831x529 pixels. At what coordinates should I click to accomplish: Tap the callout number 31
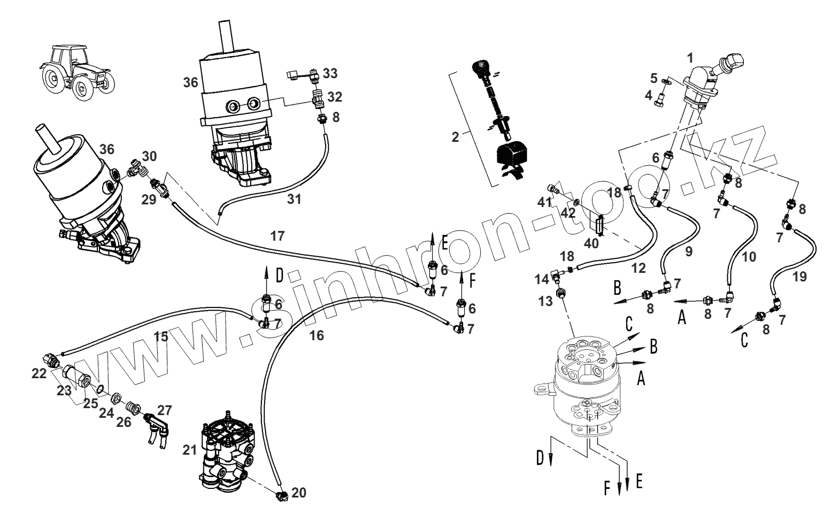click(x=294, y=200)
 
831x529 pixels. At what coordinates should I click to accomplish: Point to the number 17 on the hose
click(x=278, y=235)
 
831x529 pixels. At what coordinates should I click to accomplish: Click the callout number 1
click(x=690, y=56)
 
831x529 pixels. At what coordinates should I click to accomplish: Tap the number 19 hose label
click(x=801, y=277)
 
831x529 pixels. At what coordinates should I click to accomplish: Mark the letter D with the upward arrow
click(x=279, y=276)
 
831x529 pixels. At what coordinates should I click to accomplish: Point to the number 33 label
click(x=330, y=73)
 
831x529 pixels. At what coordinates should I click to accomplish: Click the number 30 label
click(x=150, y=156)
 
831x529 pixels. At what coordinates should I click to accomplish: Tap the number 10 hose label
click(x=749, y=257)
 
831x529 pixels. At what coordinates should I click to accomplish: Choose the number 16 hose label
click(x=317, y=335)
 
